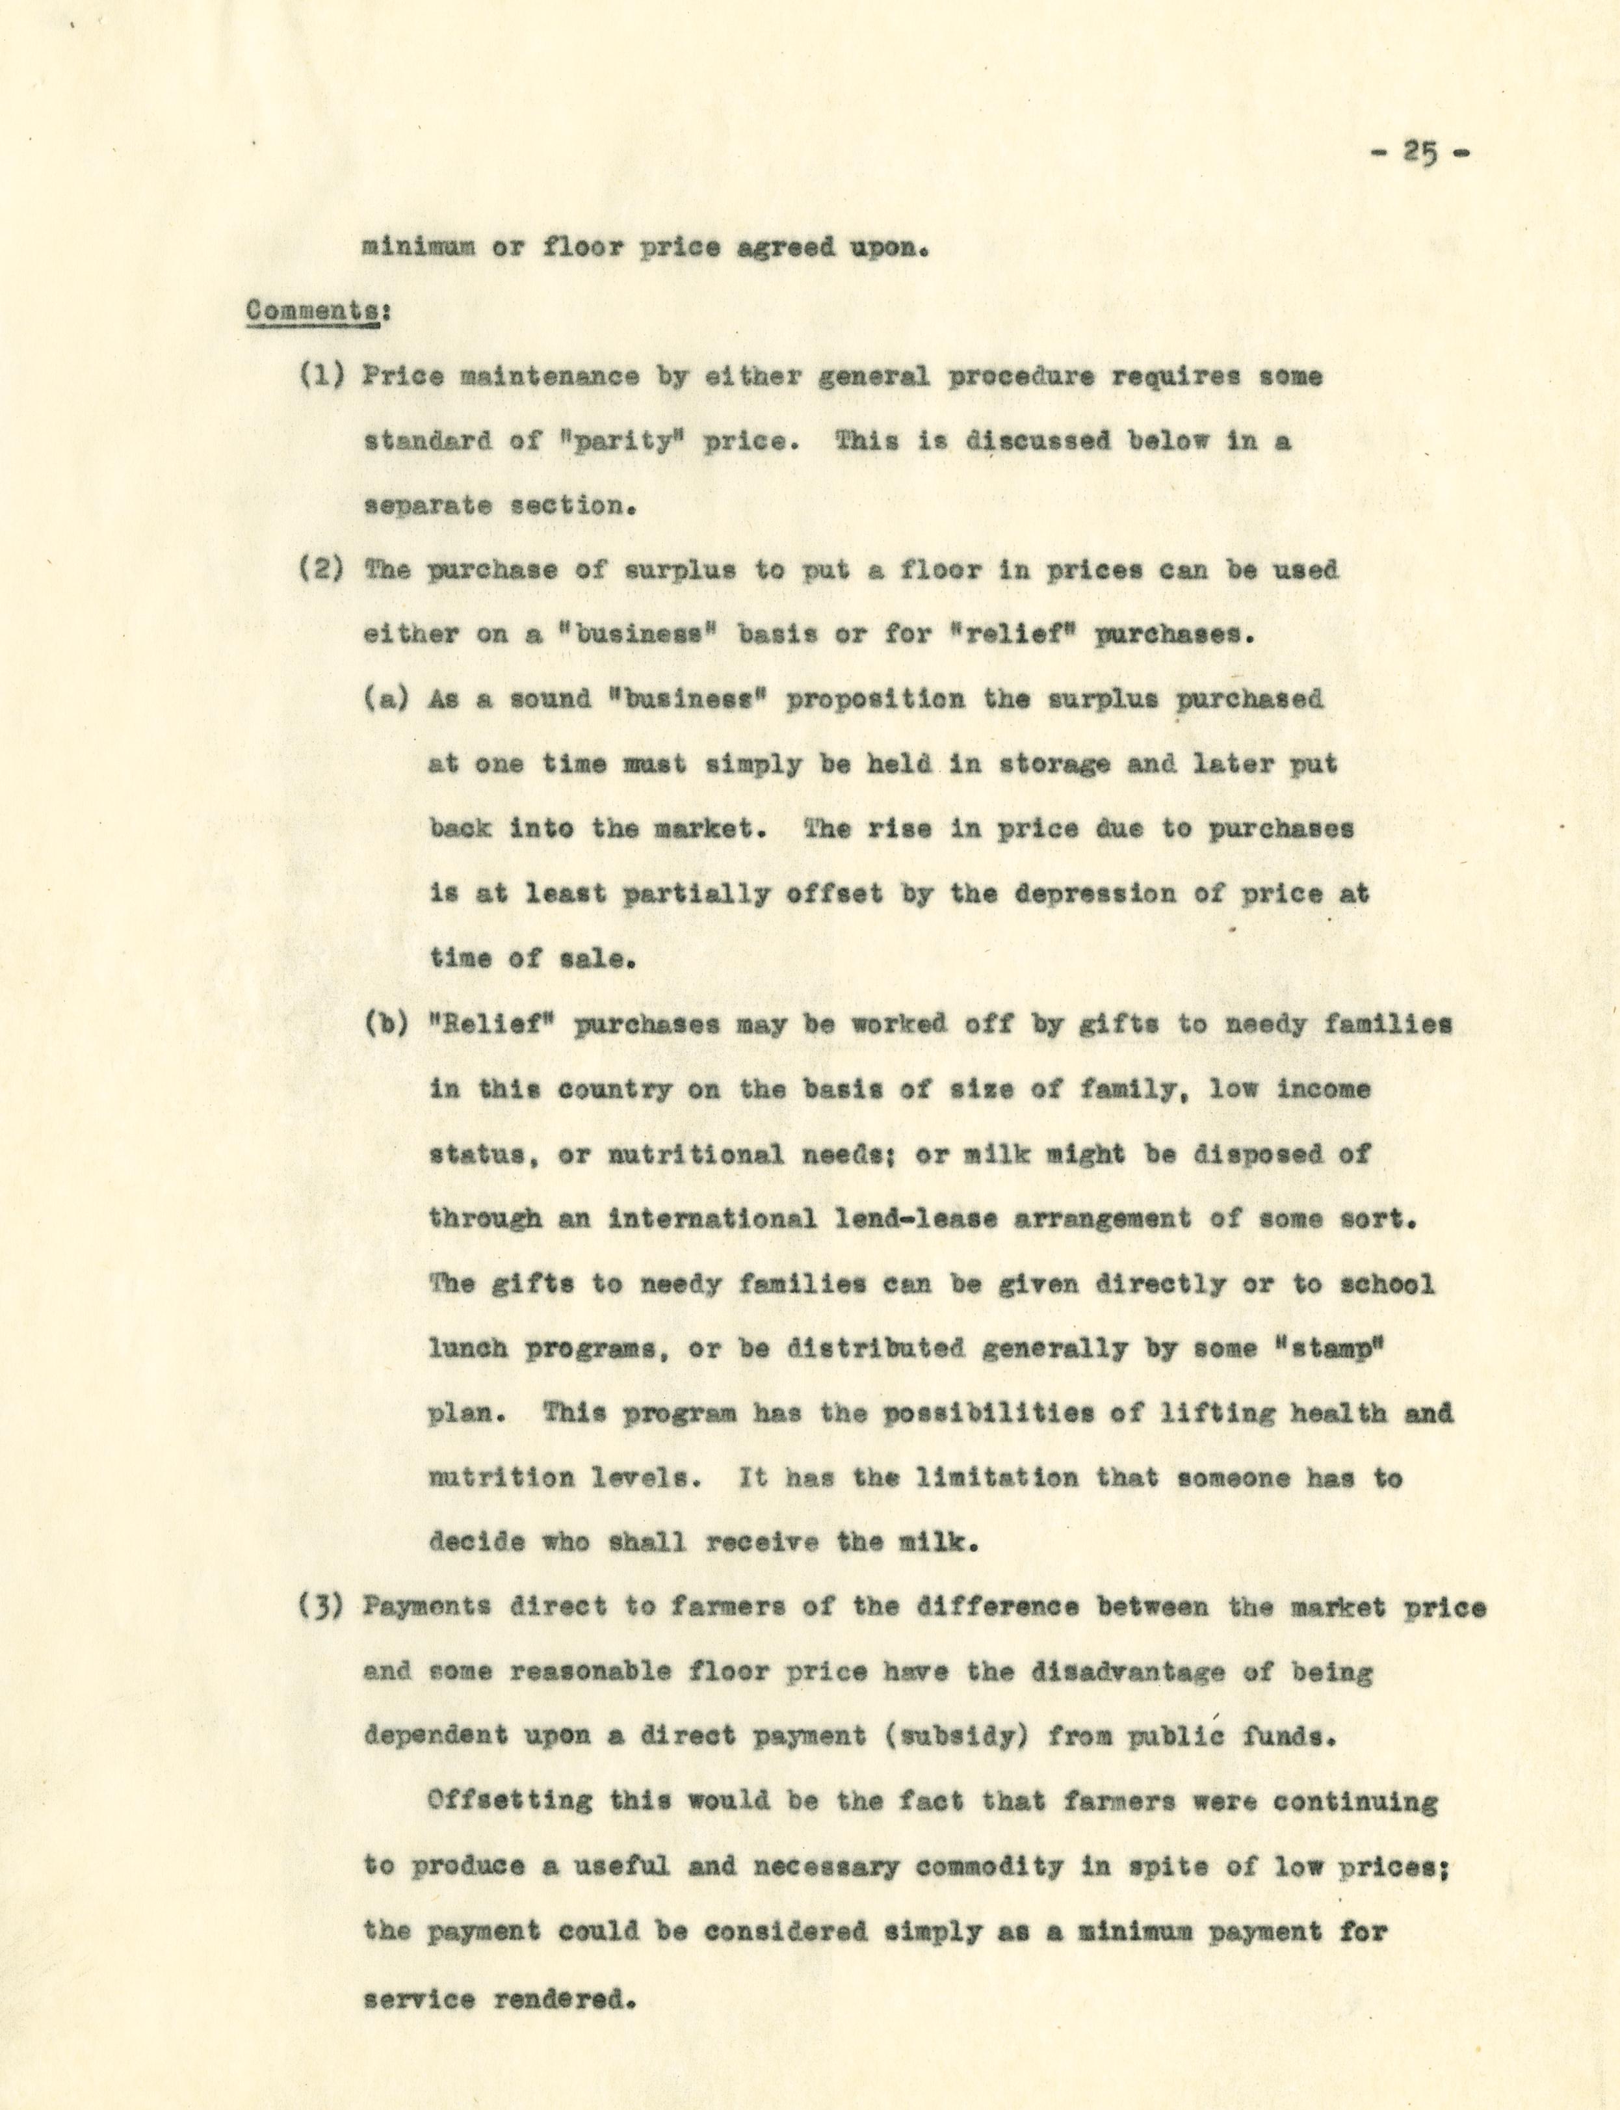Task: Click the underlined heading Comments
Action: click(311, 311)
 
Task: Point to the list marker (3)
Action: click(322, 1607)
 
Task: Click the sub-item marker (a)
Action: click(387, 698)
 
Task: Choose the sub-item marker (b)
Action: click(387, 1024)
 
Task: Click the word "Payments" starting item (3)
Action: click(429, 1607)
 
